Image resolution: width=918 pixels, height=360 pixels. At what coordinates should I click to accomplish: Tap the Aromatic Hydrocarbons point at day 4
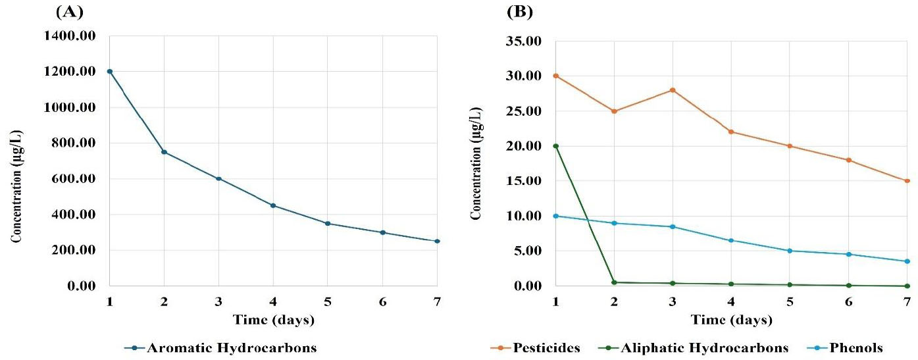(273, 205)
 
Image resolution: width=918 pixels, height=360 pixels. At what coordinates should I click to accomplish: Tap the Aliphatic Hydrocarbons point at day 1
(556, 146)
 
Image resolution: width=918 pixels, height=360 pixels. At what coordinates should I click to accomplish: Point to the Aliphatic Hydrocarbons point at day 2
(614, 282)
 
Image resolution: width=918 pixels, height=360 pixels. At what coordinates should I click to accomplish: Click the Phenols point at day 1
(556, 216)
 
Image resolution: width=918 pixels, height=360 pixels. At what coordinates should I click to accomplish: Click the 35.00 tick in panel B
(525, 41)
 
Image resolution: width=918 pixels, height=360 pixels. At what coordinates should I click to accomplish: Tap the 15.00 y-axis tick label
(525, 181)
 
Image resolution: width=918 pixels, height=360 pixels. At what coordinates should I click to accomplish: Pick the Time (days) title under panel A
(273, 321)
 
